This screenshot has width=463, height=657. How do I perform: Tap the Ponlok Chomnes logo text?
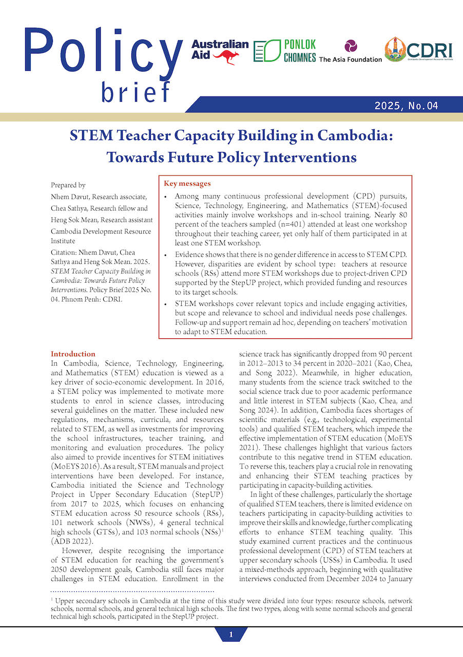pos(300,51)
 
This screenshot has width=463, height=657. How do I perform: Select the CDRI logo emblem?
pos(395,49)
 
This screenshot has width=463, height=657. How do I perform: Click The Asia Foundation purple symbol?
pos(351,46)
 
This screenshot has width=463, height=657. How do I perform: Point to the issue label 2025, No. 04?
pos(406,106)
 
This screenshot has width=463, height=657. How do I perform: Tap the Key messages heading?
pos(187,183)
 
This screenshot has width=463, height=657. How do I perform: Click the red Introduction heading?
pos(73,354)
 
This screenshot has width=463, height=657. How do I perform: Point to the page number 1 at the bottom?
pos(231,635)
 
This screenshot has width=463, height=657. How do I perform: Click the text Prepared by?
pos(68,185)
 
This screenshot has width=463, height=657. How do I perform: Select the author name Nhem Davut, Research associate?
pos(99,197)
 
